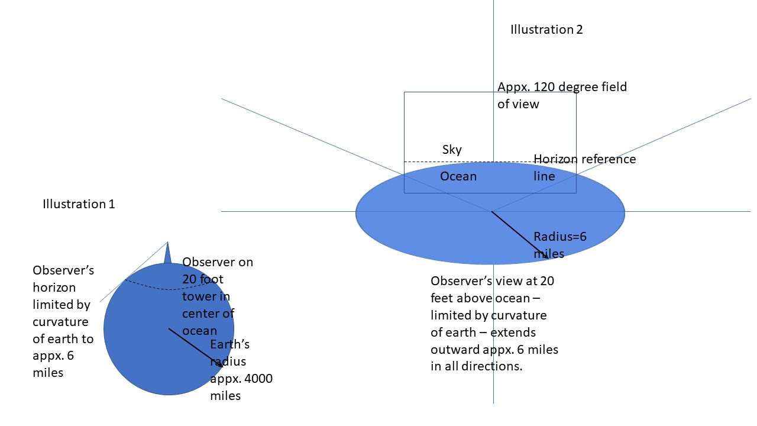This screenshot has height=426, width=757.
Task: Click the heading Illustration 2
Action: click(546, 30)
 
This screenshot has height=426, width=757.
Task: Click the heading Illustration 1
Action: click(79, 204)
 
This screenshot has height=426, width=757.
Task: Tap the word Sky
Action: click(452, 150)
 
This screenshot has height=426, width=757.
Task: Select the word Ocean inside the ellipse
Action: click(458, 176)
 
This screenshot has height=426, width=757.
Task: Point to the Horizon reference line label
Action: click(584, 167)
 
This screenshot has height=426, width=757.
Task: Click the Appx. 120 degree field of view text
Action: click(562, 95)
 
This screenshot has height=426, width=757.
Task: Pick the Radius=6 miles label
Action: click(559, 245)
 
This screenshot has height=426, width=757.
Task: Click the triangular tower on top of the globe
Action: click(167, 254)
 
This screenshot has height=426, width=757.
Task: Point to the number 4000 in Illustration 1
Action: click(257, 379)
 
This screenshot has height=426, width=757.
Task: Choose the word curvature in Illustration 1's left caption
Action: click(60, 322)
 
